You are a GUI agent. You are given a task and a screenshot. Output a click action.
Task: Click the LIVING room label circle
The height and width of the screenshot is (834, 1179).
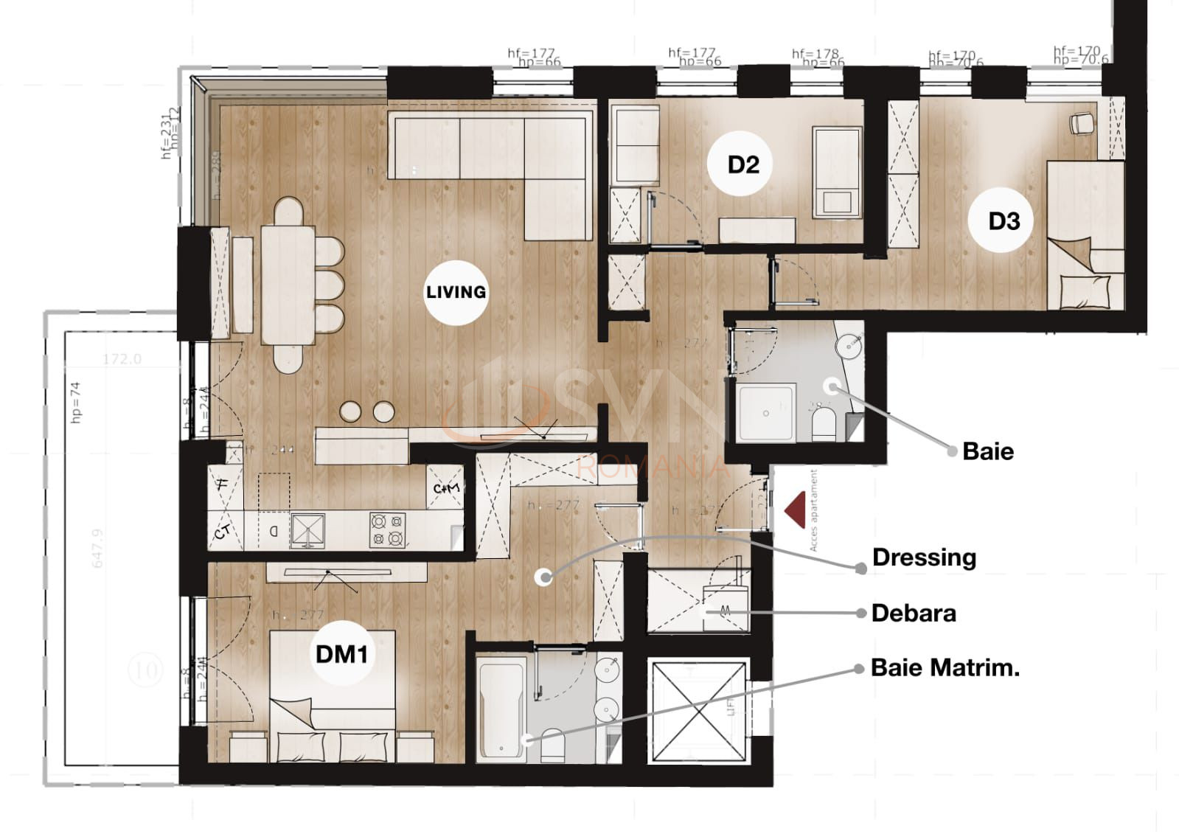[x=456, y=292]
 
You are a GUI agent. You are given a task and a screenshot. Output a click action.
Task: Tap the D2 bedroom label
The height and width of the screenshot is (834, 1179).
[x=742, y=164]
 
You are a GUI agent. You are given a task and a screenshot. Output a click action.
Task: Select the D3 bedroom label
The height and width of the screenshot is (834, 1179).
[x=1003, y=220]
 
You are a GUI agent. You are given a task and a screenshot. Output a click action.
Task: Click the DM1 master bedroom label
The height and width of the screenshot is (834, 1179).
[x=341, y=653]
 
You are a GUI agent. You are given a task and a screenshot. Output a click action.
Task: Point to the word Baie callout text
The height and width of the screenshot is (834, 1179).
[x=987, y=451]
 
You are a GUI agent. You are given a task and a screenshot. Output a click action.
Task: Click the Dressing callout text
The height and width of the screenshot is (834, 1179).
[x=923, y=557]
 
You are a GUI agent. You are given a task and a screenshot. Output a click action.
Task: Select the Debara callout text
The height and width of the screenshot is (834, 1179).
[x=913, y=613]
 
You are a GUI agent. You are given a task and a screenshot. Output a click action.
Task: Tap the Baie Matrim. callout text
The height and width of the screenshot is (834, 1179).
[x=945, y=667]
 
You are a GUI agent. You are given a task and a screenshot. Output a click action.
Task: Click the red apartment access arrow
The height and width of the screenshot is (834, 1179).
[x=795, y=511]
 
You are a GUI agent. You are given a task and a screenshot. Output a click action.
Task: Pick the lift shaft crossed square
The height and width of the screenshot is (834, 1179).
[x=698, y=711]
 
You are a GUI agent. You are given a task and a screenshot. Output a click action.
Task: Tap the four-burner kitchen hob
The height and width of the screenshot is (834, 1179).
[x=387, y=530]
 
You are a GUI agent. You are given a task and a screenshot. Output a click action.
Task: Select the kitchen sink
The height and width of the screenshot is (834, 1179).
[x=307, y=530]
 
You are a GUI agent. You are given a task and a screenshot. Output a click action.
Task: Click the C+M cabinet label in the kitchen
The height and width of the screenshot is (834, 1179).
[x=445, y=488]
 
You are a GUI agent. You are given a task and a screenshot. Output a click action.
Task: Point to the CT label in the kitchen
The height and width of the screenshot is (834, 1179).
[x=223, y=532]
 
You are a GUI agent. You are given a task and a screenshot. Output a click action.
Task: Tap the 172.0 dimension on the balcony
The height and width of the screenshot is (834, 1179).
[x=122, y=359]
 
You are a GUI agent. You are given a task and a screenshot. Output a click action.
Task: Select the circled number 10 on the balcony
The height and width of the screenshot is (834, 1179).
[x=145, y=670]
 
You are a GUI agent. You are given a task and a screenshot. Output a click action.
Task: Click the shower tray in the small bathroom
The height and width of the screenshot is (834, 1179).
[x=765, y=413]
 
